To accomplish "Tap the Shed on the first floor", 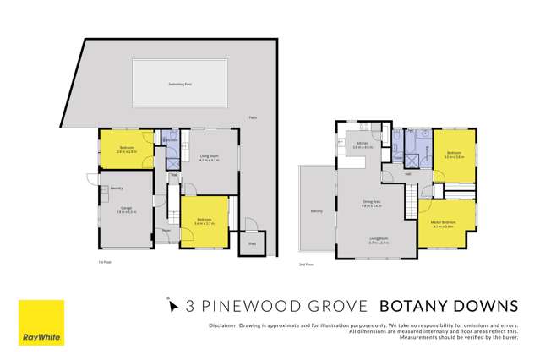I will pyautogui.click(x=252, y=243).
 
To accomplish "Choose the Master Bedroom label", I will pyautogui.click(x=443, y=222).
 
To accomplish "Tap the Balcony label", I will pyautogui.click(x=316, y=211).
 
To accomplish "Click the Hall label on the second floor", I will pyautogui.click(x=407, y=174).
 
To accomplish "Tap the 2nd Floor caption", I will pyautogui.click(x=306, y=265).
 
